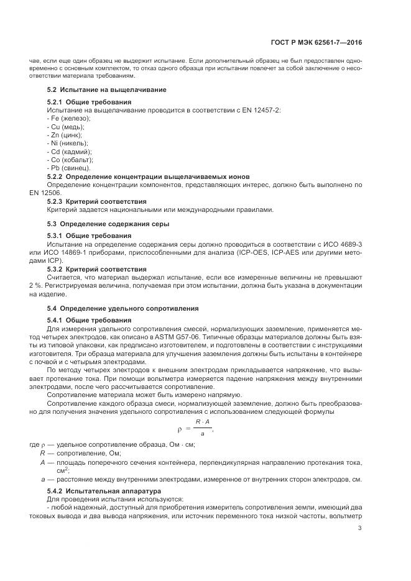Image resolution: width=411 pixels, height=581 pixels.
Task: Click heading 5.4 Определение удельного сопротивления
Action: pyautogui.click(x=122, y=308)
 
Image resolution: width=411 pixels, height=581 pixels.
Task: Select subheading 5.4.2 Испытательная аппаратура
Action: pyautogui.click(x=104, y=490)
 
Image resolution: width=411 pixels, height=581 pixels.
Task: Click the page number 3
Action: pyautogui.click(x=361, y=529)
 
